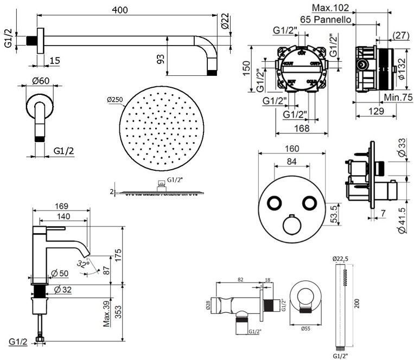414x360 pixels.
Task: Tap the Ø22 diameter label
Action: click(x=225, y=21)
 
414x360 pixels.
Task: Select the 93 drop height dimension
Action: click(x=161, y=59)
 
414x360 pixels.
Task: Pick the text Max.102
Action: click(x=331, y=8)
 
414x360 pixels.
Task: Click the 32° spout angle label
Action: click(x=83, y=264)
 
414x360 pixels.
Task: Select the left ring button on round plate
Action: click(x=273, y=202)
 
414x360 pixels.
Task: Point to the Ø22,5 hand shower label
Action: click(x=341, y=258)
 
